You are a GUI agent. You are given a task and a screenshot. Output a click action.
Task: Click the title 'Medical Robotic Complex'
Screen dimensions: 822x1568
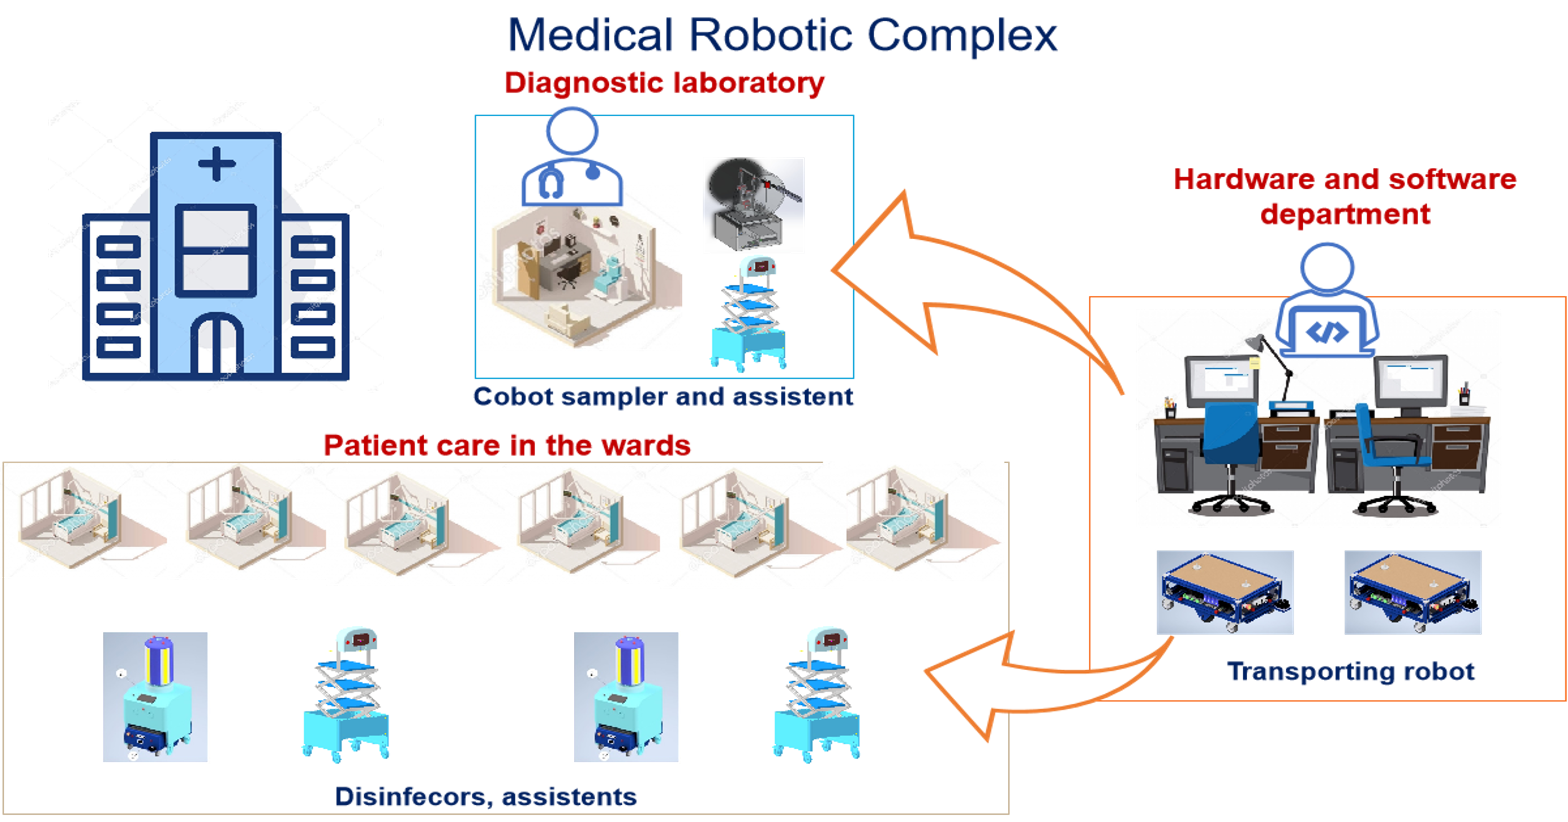coord(782,35)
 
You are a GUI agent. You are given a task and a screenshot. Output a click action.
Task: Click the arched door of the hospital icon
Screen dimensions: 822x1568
coord(217,344)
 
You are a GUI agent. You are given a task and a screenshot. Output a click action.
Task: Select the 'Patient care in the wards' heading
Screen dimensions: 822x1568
coord(507,445)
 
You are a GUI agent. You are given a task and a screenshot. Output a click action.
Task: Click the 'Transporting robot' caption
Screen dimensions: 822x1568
coord(1351,671)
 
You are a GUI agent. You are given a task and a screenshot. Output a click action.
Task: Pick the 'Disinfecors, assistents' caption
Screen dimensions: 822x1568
coord(486,796)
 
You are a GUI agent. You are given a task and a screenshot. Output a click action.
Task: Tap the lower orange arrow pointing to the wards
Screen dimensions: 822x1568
coord(1023,682)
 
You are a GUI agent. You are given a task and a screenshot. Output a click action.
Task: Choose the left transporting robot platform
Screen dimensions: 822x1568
coord(1225,592)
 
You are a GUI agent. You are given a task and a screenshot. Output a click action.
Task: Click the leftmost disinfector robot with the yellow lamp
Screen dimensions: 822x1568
coord(156,697)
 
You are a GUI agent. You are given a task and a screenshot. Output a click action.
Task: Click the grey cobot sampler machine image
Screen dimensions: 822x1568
coord(753,205)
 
